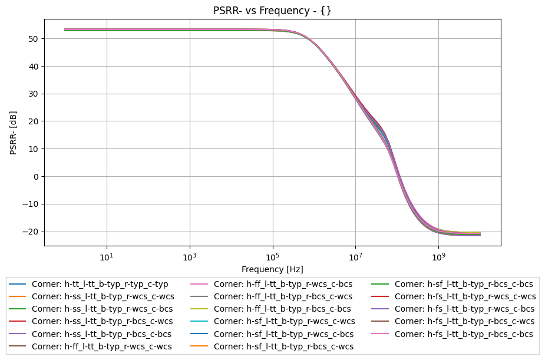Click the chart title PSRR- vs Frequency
[x=272, y=11]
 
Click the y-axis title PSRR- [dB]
[x=14, y=133]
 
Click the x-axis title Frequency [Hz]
[x=272, y=269]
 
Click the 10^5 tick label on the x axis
[x=272, y=257]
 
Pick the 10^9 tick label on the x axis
[x=438, y=257]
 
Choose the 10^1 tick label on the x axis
[x=107, y=257]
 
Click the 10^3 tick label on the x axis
[x=190, y=257]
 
